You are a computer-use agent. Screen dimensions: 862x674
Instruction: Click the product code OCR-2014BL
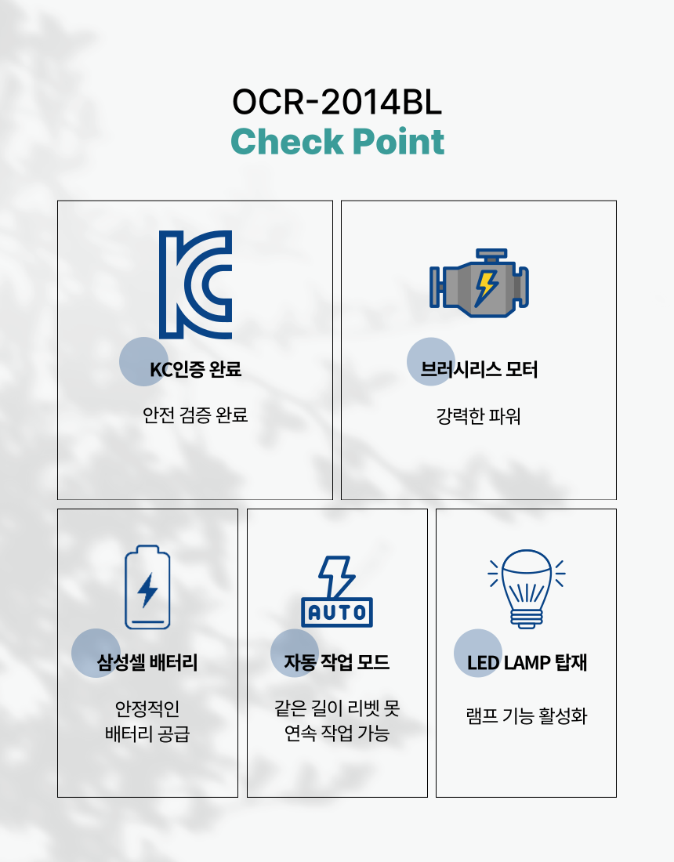(337, 103)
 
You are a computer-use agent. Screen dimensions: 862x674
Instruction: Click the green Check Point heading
(337, 142)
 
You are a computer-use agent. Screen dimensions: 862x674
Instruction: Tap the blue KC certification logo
(195, 284)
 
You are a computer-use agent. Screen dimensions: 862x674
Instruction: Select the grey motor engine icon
(479, 284)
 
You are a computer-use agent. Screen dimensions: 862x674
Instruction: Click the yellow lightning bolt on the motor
(486, 287)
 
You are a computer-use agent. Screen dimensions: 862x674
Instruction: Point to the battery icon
(147, 587)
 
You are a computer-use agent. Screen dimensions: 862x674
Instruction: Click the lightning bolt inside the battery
(147, 590)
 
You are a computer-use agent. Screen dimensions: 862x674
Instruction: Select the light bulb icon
(527, 588)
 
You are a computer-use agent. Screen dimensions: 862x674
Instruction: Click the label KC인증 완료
(195, 369)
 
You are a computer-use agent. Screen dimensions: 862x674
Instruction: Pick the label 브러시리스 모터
(479, 369)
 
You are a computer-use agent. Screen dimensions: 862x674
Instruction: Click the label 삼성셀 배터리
(147, 663)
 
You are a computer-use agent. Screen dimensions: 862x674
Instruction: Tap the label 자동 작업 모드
(337, 663)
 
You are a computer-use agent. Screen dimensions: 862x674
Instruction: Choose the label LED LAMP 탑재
(527, 663)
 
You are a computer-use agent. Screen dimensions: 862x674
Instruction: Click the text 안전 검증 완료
(195, 415)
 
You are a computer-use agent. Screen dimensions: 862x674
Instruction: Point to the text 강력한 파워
(479, 415)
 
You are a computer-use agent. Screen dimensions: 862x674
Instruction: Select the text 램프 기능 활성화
(527, 716)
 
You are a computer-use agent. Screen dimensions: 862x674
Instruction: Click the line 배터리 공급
(147, 735)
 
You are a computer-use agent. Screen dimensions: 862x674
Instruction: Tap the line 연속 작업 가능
(337, 734)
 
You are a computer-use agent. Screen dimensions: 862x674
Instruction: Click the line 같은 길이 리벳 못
(337, 708)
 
